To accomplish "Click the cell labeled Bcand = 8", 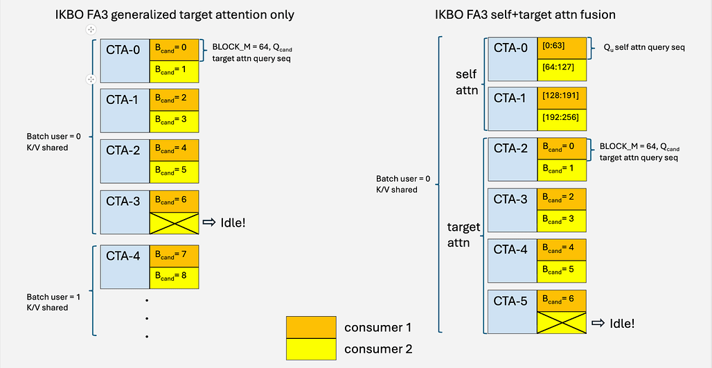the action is click(175, 278).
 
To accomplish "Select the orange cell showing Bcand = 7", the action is click(175, 256).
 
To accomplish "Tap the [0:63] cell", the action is click(562, 48).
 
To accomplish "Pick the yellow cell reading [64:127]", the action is click(562, 70).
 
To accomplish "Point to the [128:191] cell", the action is click(562, 98).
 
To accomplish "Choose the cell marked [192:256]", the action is click(562, 119).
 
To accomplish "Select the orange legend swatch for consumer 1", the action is click(311, 327).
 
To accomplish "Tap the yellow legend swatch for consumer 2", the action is click(311, 349).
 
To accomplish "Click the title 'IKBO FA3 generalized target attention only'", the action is click(175, 15).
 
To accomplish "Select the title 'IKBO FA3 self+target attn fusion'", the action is click(525, 15).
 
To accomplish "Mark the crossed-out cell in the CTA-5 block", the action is click(562, 322).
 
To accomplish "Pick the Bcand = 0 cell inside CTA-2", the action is click(562, 150).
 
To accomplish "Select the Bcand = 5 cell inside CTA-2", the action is click(175, 171).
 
